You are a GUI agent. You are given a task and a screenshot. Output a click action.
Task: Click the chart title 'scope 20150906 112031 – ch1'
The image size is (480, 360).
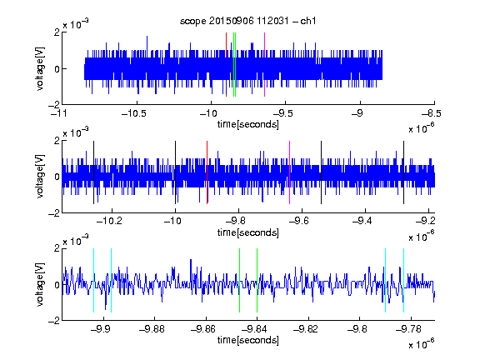point(247,21)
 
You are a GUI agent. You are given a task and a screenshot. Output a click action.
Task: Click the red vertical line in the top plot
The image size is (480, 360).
point(226,65)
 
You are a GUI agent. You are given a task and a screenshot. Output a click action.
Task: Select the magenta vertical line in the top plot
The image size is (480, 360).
point(264,65)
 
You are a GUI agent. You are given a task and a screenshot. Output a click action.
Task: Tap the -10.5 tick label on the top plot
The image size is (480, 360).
point(134,113)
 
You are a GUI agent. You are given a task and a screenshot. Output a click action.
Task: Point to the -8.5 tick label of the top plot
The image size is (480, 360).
point(432,113)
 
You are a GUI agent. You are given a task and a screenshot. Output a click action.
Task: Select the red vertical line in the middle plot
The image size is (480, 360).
point(207,172)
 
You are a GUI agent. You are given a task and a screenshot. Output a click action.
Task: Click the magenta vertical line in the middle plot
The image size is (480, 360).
point(290,172)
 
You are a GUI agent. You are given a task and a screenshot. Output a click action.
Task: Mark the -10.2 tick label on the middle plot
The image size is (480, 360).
point(110,221)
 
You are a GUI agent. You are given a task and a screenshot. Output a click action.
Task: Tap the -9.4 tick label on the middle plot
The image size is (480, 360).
point(362,221)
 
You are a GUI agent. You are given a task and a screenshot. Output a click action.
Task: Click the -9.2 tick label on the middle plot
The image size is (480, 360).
point(426,221)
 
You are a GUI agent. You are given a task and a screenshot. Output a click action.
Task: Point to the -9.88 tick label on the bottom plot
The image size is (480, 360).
point(152,329)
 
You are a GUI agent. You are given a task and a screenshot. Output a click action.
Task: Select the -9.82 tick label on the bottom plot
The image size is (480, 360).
point(306,329)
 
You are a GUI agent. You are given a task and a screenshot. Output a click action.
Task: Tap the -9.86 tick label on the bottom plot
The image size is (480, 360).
point(203,329)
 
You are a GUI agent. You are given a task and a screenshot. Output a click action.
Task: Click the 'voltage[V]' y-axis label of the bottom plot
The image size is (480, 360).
point(40,284)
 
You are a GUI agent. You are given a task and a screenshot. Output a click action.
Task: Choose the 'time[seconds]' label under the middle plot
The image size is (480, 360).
point(248,232)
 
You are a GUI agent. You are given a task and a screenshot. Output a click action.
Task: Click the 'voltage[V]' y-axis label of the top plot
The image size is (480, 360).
point(40,68)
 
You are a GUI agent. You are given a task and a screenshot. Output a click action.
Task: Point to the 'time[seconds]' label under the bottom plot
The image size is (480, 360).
point(248,340)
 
